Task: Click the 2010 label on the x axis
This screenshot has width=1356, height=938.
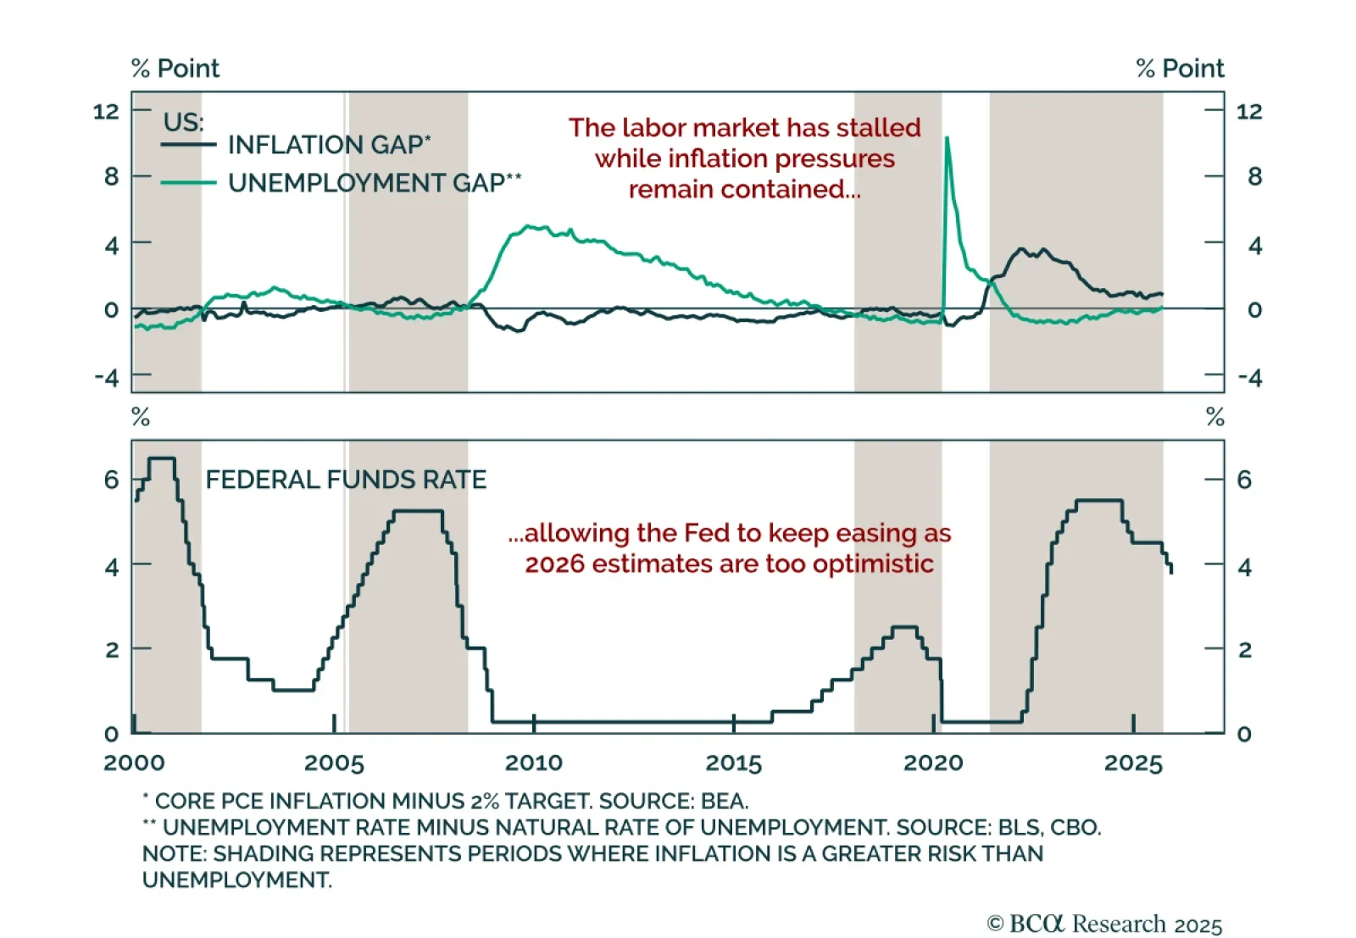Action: click(x=534, y=763)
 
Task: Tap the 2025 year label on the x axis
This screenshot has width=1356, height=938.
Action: click(x=1133, y=763)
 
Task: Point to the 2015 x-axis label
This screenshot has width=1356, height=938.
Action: click(x=734, y=763)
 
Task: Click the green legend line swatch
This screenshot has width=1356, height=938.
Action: click(x=188, y=182)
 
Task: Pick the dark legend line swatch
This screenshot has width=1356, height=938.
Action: click(x=188, y=145)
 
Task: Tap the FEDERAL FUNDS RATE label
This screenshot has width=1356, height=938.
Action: click(x=346, y=480)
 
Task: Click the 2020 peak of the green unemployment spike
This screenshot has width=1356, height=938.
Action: click(x=947, y=138)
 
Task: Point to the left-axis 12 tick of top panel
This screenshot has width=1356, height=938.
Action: click(x=106, y=111)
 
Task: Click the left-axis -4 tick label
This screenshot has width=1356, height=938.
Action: click(x=107, y=377)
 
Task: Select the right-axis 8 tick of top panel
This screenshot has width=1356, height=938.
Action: click(x=1254, y=176)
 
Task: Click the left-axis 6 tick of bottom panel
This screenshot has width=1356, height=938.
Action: click(x=112, y=480)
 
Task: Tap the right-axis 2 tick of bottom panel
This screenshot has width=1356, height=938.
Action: click(x=1244, y=650)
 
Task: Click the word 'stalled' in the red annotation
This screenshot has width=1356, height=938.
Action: click(x=878, y=128)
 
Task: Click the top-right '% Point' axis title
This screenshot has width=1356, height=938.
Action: click(x=1180, y=69)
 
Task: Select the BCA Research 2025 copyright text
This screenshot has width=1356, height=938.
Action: click(x=1104, y=924)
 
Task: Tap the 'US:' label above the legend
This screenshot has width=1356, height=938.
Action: click(x=183, y=122)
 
